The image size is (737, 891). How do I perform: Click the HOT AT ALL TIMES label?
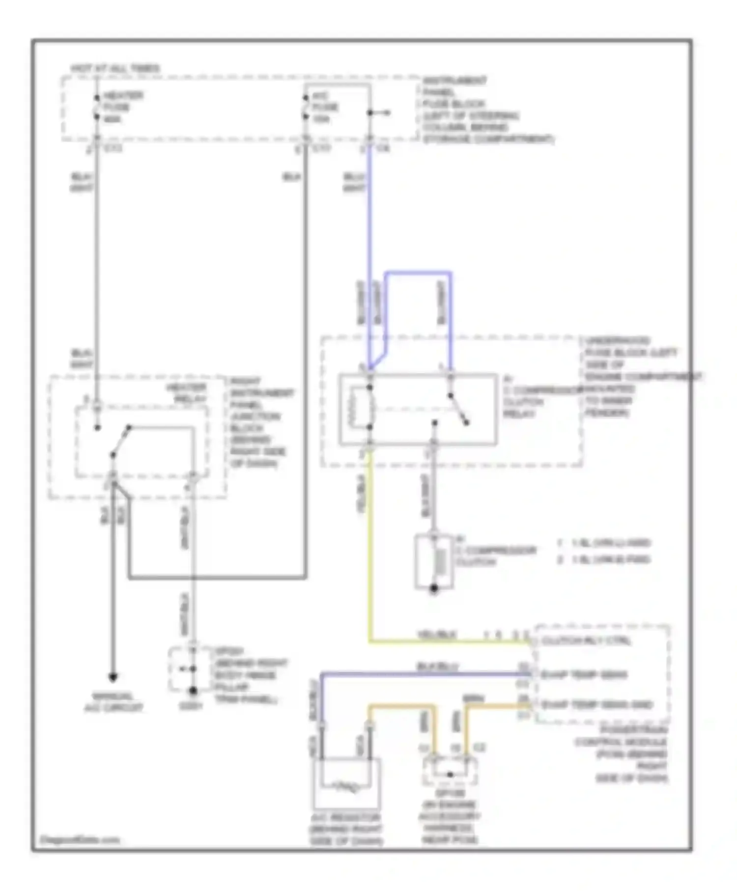click(x=115, y=68)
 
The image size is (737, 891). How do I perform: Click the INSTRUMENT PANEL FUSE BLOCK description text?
click(x=486, y=110)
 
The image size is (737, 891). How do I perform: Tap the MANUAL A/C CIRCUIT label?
click(x=113, y=702)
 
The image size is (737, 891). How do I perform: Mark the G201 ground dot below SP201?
click(x=193, y=691)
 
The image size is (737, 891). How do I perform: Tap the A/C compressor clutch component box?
click(x=434, y=561)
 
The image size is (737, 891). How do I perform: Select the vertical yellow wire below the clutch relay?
click(x=369, y=550)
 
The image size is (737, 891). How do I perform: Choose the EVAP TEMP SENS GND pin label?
click(x=596, y=705)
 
